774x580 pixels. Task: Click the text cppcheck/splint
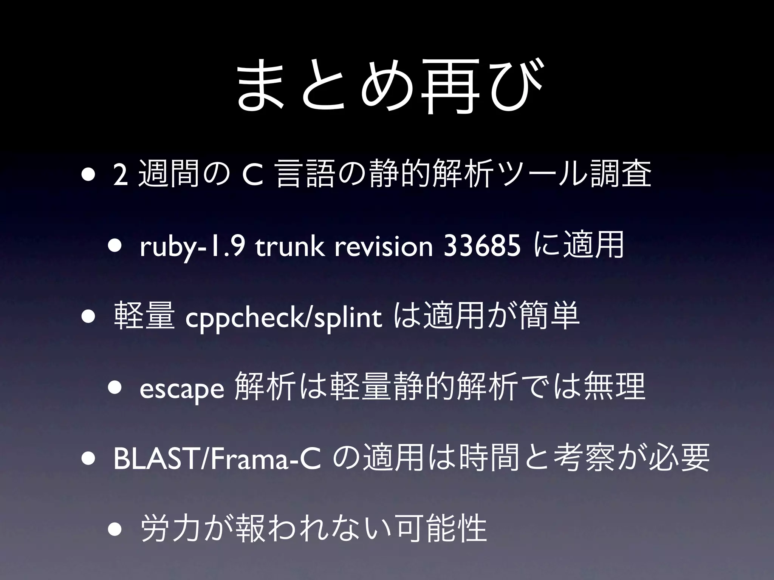tap(283, 319)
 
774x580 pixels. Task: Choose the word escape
tap(182, 390)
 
